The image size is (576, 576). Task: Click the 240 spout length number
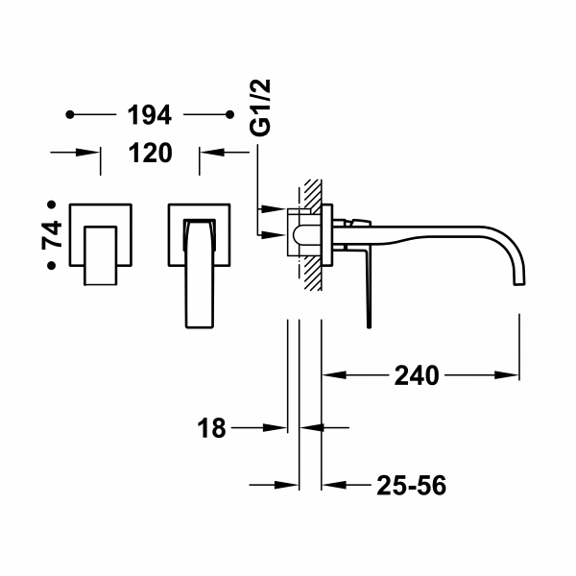(x=416, y=375)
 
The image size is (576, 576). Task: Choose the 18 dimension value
(x=214, y=428)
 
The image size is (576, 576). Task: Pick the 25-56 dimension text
(x=411, y=485)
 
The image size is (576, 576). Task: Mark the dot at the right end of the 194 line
(x=228, y=116)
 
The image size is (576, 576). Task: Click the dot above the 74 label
(x=54, y=204)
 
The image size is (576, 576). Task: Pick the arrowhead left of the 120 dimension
(x=91, y=152)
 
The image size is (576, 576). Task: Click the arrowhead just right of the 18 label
(x=279, y=428)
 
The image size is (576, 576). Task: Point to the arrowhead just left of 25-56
(x=332, y=485)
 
